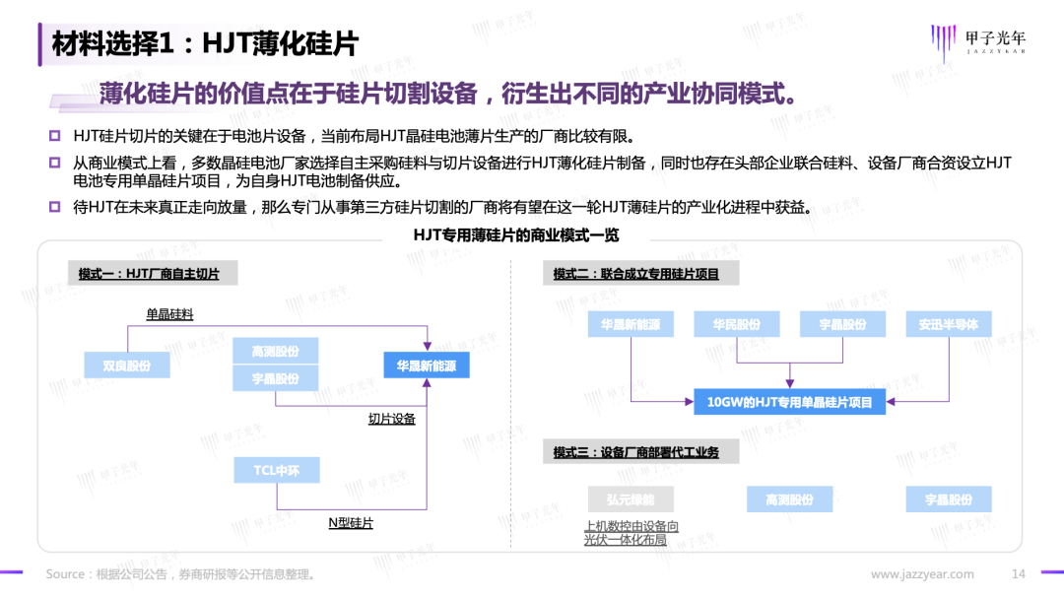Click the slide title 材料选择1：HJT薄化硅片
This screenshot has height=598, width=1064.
tap(205, 43)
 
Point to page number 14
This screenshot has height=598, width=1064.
tap(1019, 574)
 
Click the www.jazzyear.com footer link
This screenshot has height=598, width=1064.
tap(922, 574)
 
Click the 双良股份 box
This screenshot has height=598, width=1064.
tap(127, 365)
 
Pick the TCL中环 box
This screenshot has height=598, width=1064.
tap(276, 471)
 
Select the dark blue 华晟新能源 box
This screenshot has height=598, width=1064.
tap(427, 365)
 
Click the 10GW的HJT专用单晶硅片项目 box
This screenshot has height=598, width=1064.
tap(789, 401)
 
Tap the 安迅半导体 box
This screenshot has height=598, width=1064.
tap(949, 324)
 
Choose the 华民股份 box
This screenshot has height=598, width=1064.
tap(736, 324)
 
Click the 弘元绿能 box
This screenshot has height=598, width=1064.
tap(630, 499)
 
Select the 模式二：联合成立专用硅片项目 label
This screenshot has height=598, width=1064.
tap(635, 274)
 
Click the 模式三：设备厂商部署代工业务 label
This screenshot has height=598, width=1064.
tap(635, 452)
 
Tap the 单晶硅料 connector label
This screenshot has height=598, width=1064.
tap(169, 314)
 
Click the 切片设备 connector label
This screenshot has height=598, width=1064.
tap(391, 419)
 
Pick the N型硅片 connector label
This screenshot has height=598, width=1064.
tap(351, 523)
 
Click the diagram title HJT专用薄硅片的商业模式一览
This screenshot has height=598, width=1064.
tap(516, 236)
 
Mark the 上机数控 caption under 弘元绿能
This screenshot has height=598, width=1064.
tap(632, 533)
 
